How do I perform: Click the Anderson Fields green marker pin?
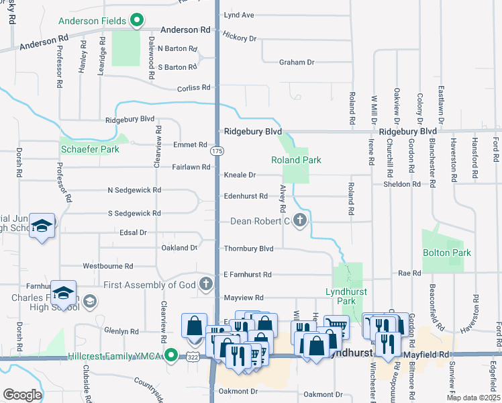click(x=137, y=21)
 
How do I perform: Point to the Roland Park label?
click(x=296, y=160)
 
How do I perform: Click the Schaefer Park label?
click(x=90, y=149)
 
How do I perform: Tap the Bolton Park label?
click(x=446, y=253)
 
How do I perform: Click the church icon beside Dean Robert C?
click(x=300, y=220)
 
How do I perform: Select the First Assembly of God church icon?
click(x=206, y=285)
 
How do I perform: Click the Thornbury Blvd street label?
click(x=248, y=249)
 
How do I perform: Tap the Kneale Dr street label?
click(x=240, y=175)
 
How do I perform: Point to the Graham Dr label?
click(x=297, y=62)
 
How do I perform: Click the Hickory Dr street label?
click(x=240, y=38)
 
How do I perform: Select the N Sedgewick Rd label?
click(x=134, y=190)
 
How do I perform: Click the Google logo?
click(x=22, y=395)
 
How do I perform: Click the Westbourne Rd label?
click(x=107, y=266)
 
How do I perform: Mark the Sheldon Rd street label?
click(x=402, y=183)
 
